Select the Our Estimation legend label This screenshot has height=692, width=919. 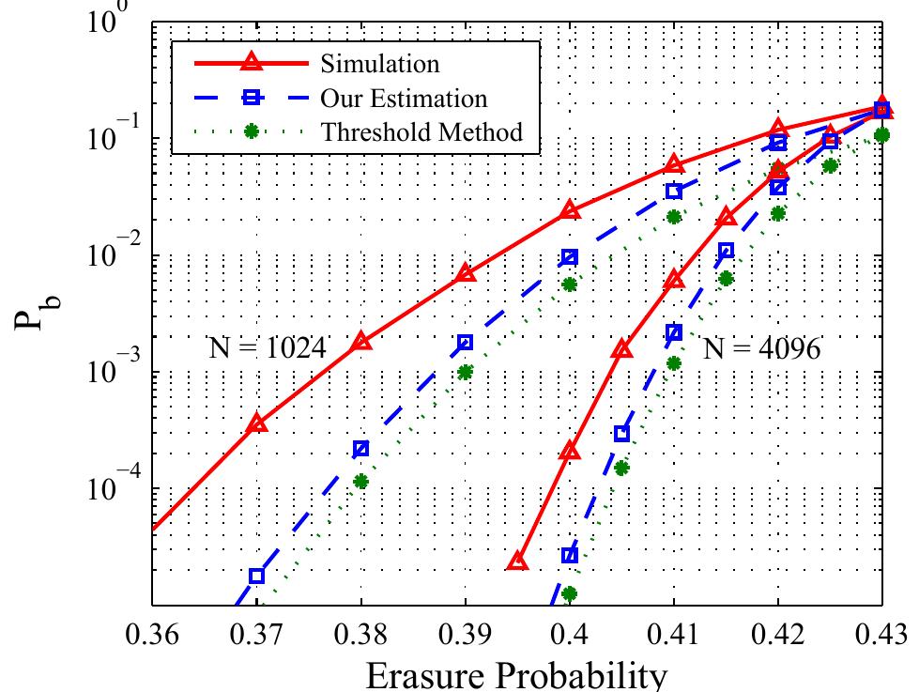pos(404,98)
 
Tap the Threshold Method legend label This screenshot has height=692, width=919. pos(421,131)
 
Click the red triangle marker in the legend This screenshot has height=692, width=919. pos(251,64)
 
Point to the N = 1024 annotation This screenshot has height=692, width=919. pos(266,349)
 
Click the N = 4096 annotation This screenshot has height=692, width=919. pos(761,349)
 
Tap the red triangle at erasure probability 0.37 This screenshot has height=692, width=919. pos(257,424)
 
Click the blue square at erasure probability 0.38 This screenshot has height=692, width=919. pos(361,449)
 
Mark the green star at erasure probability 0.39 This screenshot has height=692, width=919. pos(466,372)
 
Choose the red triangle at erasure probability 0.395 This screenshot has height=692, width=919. pos(517,561)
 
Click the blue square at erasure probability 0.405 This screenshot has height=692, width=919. pos(621,434)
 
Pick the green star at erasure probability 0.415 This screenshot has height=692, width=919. pos(726,278)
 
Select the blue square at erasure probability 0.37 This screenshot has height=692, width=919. pos(257,576)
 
